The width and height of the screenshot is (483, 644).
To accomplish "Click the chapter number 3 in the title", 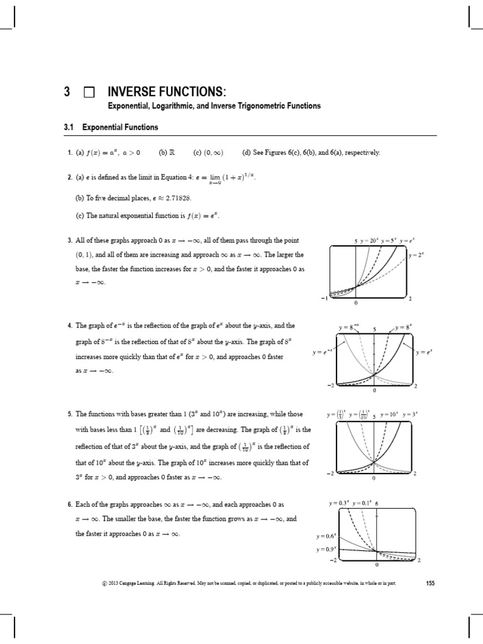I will pyautogui.click(x=67, y=92).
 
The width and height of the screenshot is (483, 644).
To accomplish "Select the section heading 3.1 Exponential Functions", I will pyautogui.click(x=111, y=127).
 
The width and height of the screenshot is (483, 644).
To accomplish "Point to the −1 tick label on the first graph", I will pyautogui.click(x=323, y=298).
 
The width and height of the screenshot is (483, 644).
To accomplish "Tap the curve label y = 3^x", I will pyautogui.click(x=410, y=415).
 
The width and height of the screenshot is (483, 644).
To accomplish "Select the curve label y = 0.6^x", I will pyautogui.click(x=326, y=536).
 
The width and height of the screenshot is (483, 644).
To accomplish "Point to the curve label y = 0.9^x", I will pyautogui.click(x=326, y=549).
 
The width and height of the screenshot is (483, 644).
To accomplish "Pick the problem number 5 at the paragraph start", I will pyautogui.click(x=70, y=415).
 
